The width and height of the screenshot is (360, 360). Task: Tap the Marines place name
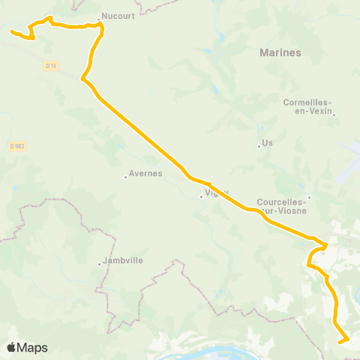(280, 52)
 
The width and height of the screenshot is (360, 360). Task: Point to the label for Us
(267, 142)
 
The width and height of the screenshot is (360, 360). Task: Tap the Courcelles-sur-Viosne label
(280, 205)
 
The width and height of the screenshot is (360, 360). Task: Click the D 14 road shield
(50, 66)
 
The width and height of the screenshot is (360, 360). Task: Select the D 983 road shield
(18, 145)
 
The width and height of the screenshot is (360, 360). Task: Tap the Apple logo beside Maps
(11, 347)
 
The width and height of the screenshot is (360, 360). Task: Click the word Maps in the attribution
(34, 347)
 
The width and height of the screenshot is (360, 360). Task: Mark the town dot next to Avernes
(126, 177)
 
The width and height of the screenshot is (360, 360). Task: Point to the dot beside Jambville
(100, 264)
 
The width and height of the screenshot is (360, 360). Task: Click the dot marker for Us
(259, 146)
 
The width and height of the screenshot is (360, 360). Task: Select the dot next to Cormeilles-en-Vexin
(334, 115)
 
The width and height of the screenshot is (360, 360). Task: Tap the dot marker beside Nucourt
(98, 18)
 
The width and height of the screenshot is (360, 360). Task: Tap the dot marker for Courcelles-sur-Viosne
(309, 198)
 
